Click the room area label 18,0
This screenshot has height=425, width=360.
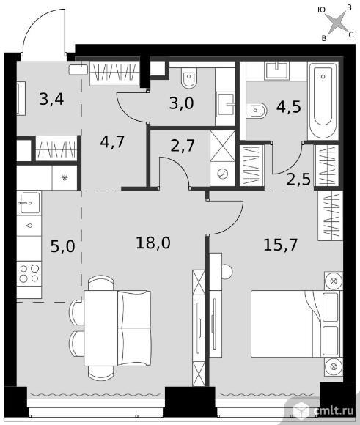pos(153,243)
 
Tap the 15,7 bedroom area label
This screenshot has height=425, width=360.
pos(281,245)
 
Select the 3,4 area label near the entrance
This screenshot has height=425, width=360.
pos(51,99)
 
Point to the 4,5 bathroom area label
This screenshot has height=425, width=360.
pos(289,106)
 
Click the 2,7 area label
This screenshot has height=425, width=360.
pos(183,146)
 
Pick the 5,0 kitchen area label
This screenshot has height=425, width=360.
pos(62,247)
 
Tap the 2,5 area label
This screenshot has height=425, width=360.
pos(298,180)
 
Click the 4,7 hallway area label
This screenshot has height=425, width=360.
pos(112,141)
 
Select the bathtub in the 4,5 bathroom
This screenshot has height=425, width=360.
pos(323,100)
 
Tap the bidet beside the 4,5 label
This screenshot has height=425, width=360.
pos(257,111)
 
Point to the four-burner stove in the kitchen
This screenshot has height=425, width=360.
pos(29,273)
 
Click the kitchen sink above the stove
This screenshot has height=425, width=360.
pos(29,202)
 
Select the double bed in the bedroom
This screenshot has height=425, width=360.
pos(295,324)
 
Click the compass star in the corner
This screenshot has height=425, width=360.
pos(338,22)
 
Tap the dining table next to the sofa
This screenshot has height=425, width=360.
pos(100,328)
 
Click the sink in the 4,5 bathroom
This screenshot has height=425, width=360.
pos(276,70)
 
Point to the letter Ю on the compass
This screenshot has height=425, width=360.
pos(321,10)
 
